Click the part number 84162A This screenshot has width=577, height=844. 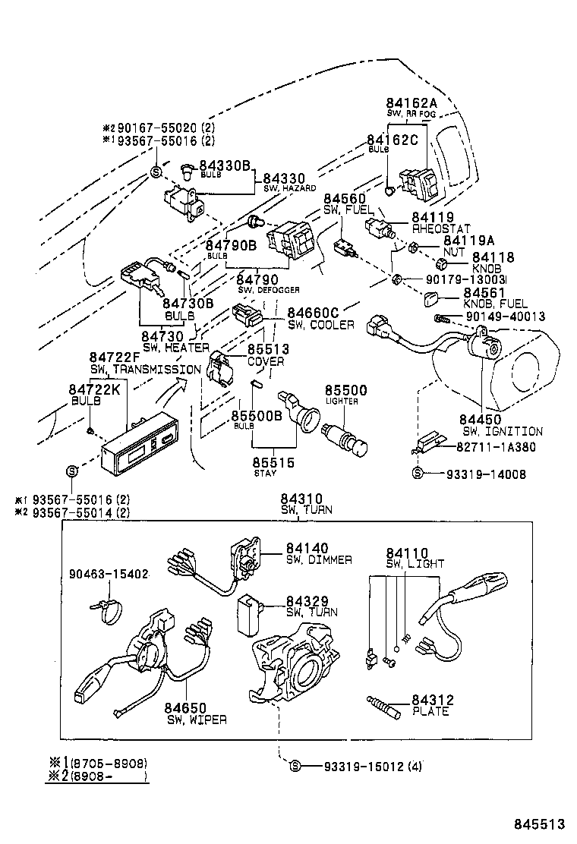(x=411, y=103)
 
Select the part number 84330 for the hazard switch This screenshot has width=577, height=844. (x=285, y=178)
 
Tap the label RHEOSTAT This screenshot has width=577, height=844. (x=441, y=228)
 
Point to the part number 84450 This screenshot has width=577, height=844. (x=480, y=419)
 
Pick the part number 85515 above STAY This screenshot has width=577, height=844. (x=273, y=461)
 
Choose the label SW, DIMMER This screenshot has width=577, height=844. (x=319, y=560)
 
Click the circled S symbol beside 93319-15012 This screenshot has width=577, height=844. (x=296, y=766)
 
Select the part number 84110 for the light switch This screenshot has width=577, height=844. (x=407, y=553)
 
